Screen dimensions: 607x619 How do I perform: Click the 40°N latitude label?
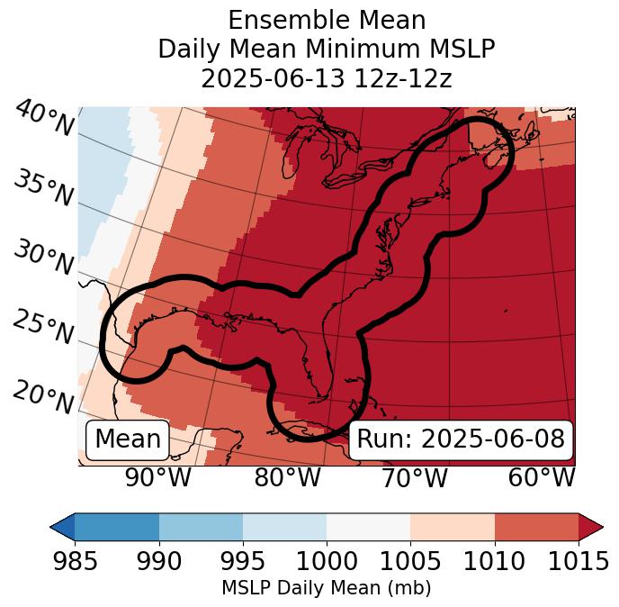click(44, 120)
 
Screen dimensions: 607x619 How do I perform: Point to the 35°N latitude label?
click(42, 188)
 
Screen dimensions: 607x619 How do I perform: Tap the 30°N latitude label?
click(42, 258)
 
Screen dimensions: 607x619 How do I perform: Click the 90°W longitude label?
click(157, 478)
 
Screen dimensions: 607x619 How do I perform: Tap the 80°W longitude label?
click(287, 478)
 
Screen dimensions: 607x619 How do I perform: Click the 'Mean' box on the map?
click(128, 439)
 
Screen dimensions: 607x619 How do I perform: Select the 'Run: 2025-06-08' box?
click(461, 439)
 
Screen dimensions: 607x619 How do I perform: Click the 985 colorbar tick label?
click(75, 561)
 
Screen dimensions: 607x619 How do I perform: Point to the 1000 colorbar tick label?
click(327, 561)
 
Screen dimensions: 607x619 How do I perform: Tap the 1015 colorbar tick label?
click(578, 561)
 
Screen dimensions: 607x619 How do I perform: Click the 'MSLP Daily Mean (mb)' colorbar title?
click(326, 588)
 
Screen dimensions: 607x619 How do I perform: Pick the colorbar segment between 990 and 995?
click(201, 526)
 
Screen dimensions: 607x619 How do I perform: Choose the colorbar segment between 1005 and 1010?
click(453, 526)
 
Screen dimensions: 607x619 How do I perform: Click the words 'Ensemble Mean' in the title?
click(327, 20)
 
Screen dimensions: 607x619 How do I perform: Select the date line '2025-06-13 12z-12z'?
click(327, 78)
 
